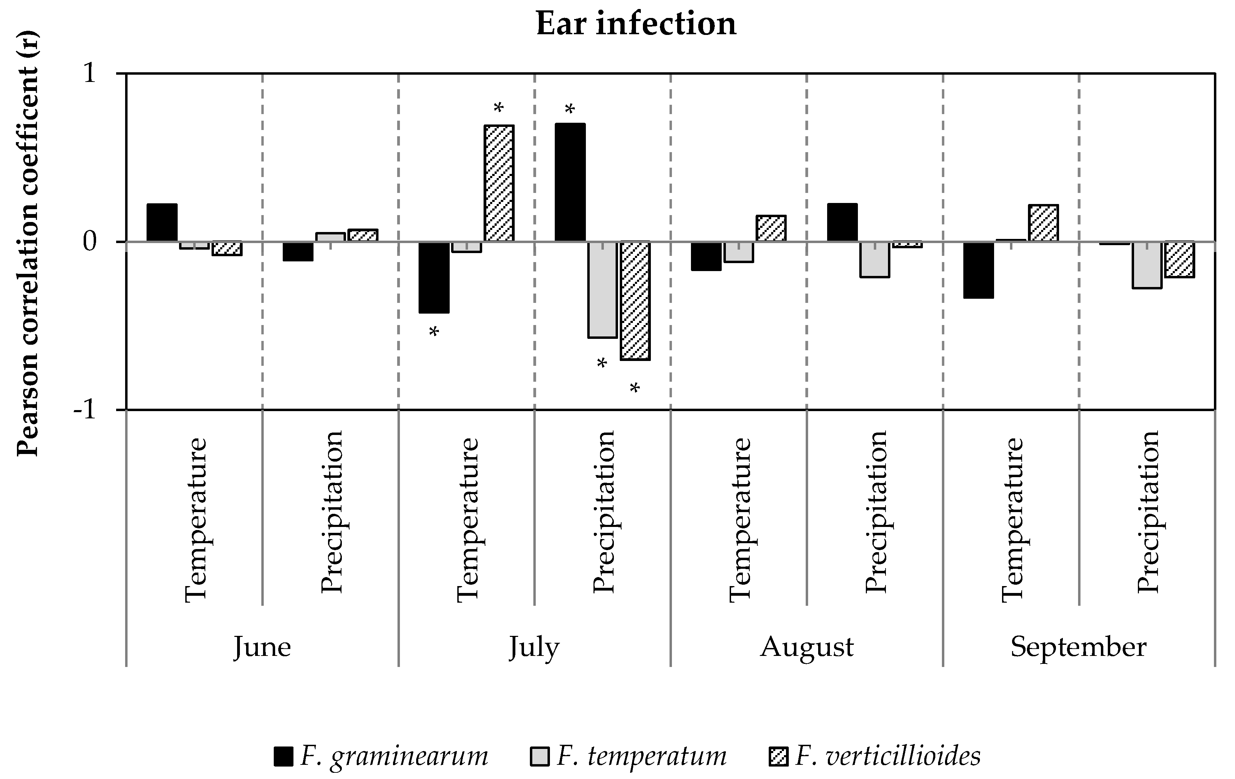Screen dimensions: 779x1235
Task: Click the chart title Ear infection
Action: click(636, 24)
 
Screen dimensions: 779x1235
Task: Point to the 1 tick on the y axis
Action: click(90, 74)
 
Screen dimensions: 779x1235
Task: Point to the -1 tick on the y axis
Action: click(85, 410)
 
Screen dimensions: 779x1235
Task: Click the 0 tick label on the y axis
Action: click(90, 242)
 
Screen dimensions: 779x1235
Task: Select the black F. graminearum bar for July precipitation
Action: click(570, 183)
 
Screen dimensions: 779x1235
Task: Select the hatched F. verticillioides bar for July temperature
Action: click(499, 183)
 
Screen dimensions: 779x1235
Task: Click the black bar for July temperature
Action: click(434, 277)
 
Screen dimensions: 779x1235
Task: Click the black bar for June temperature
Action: click(162, 223)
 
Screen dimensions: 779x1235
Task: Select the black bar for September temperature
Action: click(979, 269)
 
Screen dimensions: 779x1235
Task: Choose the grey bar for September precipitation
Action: click(1147, 265)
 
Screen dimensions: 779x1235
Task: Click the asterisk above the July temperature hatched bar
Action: click(498, 108)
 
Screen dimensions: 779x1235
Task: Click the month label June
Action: click(262, 647)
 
